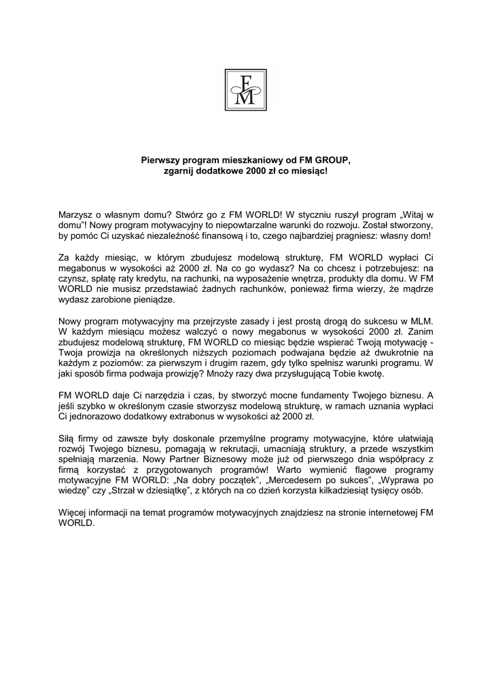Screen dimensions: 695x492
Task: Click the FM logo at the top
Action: [245, 90]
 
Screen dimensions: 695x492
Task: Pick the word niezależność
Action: [205, 234]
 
